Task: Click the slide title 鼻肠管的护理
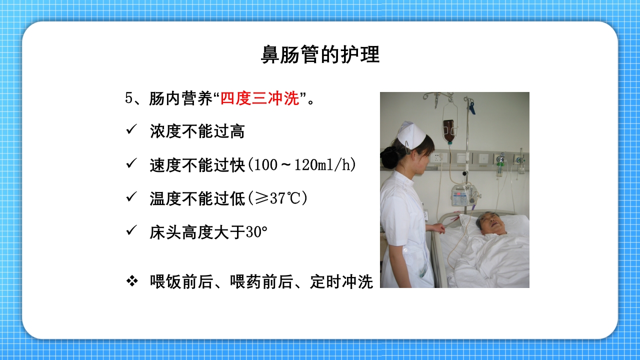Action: point(320,55)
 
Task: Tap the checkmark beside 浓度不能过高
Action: point(131,130)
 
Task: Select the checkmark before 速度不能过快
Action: point(131,164)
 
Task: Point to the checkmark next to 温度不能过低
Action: point(131,197)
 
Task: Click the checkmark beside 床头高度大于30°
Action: point(131,231)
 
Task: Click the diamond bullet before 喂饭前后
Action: point(132,281)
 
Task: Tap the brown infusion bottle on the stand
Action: point(449,129)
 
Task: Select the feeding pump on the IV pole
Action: point(463,195)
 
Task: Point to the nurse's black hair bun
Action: point(389,157)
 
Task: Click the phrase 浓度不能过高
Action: point(197,131)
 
